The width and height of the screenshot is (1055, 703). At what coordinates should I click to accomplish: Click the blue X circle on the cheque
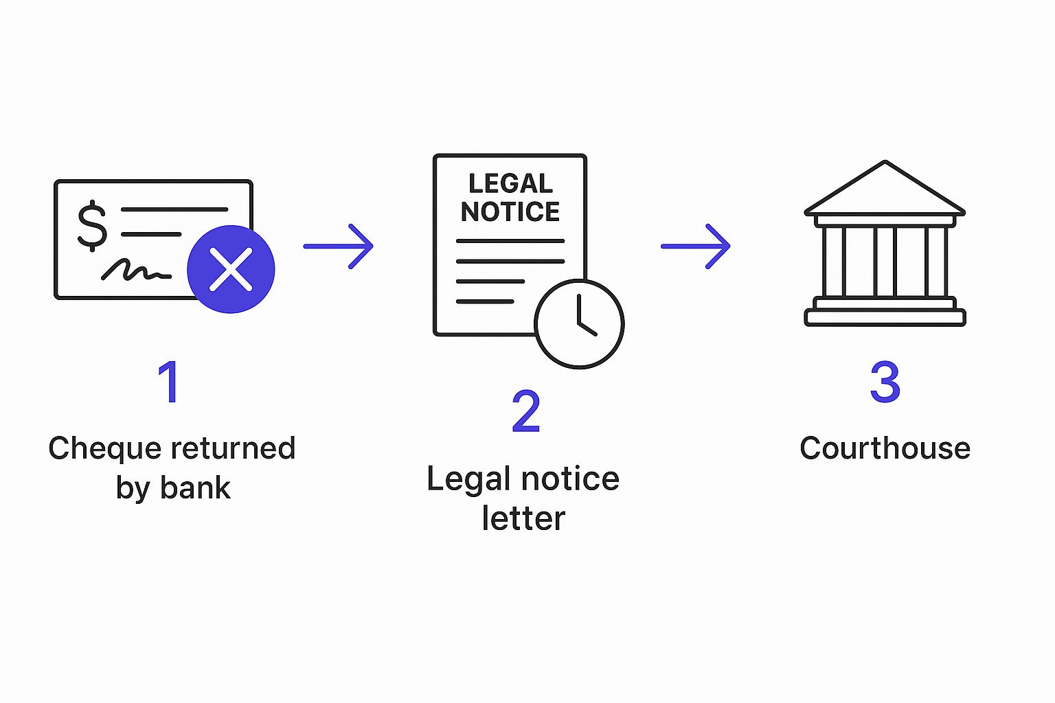click(231, 269)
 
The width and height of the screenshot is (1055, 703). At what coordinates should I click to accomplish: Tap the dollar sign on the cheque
click(92, 225)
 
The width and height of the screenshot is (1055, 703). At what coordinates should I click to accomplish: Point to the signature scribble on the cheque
click(135, 270)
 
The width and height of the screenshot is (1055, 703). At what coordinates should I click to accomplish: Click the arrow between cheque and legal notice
click(339, 246)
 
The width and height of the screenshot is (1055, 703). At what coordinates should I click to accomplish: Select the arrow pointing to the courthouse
click(696, 246)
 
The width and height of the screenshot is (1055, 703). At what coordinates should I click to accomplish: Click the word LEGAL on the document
click(510, 184)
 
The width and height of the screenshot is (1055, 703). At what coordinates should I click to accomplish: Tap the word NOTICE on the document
click(510, 212)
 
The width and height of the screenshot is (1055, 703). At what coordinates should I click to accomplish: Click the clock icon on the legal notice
click(579, 323)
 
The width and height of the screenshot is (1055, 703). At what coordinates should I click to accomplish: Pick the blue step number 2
click(526, 412)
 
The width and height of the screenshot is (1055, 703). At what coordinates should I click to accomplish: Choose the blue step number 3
click(885, 382)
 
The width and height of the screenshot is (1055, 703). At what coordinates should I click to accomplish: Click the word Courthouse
click(885, 448)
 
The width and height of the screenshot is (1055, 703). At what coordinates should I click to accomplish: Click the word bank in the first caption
click(195, 488)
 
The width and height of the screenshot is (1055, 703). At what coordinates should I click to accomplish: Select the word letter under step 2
click(523, 518)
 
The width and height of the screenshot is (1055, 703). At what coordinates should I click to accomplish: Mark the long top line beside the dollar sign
click(174, 209)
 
